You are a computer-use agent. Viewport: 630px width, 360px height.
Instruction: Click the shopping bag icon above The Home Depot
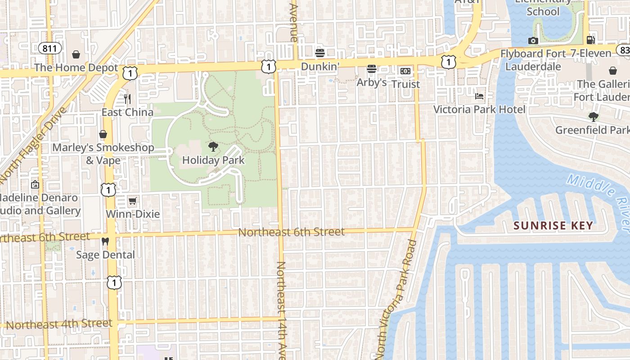pos(76,54)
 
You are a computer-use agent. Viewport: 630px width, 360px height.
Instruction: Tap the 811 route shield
pos(49,48)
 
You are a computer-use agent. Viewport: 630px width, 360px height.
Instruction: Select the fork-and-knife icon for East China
pos(127,99)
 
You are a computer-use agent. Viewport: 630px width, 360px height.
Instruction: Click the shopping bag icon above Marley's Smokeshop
pos(103,134)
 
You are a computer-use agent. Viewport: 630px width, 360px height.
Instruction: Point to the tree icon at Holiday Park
pos(213,147)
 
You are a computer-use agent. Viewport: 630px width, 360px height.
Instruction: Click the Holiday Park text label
pos(213,160)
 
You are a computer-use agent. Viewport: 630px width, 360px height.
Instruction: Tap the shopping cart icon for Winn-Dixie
pos(132,201)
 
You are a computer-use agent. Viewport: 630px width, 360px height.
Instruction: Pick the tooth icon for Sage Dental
pos(105,242)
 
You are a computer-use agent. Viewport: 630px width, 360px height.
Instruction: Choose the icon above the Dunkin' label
pos(320,53)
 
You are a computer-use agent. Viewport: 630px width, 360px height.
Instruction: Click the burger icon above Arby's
pos(372,69)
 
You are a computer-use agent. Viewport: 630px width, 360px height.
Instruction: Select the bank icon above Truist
pos(405,71)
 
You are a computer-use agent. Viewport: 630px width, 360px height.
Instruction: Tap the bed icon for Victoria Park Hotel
pos(479,96)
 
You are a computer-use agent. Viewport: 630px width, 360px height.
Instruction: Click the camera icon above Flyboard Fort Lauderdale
pos(533,41)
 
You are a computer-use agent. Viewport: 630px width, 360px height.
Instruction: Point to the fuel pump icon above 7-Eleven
pos(591,40)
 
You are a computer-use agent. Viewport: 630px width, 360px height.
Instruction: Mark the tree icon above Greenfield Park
pos(594,117)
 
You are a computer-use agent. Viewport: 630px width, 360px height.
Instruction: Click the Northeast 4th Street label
pos(59,324)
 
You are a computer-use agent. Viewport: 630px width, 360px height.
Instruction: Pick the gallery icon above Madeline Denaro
pos(35,184)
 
